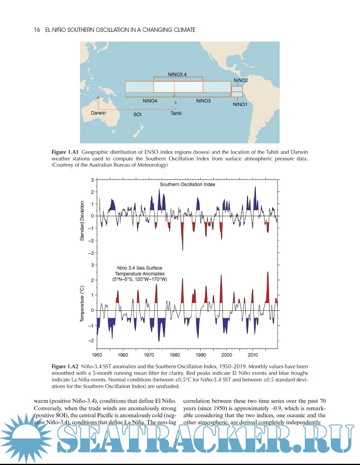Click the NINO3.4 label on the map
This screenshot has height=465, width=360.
click(x=177, y=74)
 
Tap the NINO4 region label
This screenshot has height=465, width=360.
click(x=150, y=101)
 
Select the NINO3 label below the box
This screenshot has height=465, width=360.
click(x=203, y=101)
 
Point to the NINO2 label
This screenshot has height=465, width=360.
click(x=241, y=80)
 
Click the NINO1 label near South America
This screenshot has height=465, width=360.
click(x=240, y=104)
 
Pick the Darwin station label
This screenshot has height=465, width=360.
click(x=98, y=113)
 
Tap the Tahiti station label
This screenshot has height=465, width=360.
click(x=176, y=113)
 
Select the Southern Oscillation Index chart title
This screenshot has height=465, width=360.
click(x=188, y=185)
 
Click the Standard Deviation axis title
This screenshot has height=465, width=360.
click(x=82, y=221)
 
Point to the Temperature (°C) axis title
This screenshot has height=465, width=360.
click(x=82, y=304)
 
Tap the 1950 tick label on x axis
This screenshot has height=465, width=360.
click(x=97, y=355)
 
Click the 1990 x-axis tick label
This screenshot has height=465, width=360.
click(x=201, y=355)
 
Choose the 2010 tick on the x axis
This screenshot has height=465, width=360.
click(x=253, y=355)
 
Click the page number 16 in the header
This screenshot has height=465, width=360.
click(x=37, y=30)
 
